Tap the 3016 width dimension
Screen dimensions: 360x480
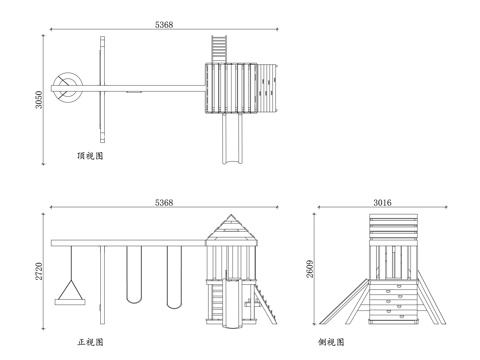[x=382, y=203]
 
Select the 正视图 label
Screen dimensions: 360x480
[x=91, y=342]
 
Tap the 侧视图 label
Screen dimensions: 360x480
[x=332, y=342]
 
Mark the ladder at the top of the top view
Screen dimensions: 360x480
[x=218, y=47]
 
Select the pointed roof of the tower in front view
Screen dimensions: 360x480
[x=231, y=229]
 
